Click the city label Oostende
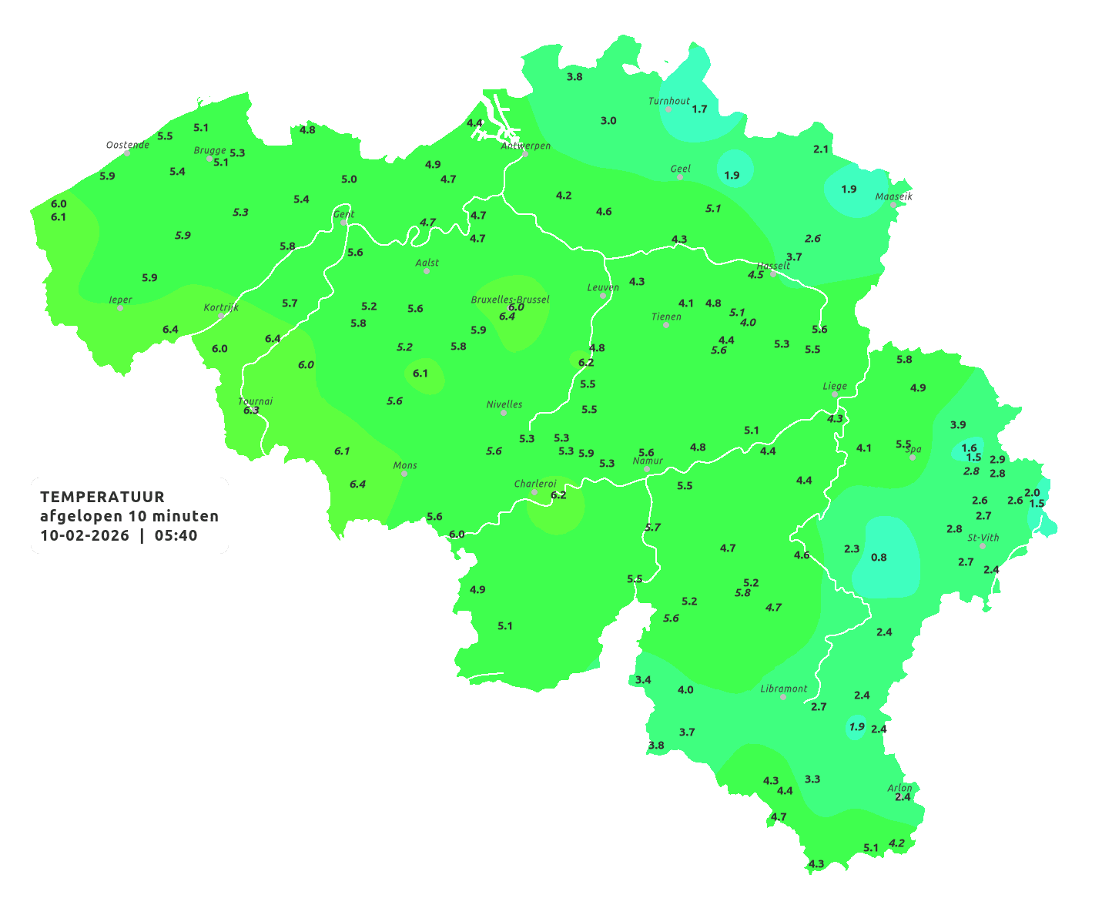(x=128, y=145)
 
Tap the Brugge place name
(x=210, y=151)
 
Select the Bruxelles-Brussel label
(x=510, y=299)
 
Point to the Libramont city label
(x=784, y=689)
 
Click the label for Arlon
(x=899, y=788)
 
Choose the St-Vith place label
(x=983, y=538)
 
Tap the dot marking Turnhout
(x=668, y=109)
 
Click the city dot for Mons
(x=404, y=474)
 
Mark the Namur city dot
(x=647, y=469)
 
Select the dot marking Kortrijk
(x=221, y=316)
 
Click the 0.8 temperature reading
(x=879, y=558)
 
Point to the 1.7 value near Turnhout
(x=699, y=109)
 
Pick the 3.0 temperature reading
(x=608, y=121)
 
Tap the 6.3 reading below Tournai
(x=251, y=411)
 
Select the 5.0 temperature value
(x=349, y=179)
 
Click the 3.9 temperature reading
(x=958, y=425)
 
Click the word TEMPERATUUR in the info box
(x=102, y=497)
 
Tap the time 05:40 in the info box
(x=176, y=535)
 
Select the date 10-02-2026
(x=85, y=535)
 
